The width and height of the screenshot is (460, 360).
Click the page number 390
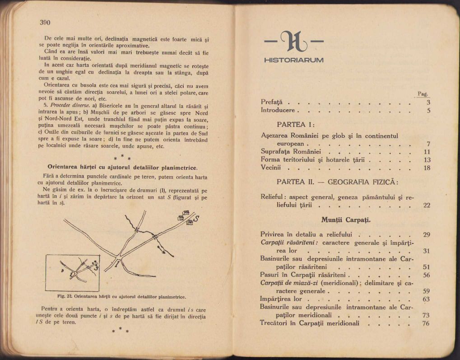45,23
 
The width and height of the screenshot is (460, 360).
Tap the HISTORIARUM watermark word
293,60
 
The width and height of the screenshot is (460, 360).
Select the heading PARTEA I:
296,124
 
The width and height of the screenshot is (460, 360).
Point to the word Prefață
273,103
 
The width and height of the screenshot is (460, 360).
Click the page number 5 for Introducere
428,110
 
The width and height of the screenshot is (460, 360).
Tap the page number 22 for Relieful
427,206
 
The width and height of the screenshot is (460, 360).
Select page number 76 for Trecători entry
426,323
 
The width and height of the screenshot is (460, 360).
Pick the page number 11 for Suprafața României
427,152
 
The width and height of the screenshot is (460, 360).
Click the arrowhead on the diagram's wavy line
159,248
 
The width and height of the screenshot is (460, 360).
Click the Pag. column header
423,94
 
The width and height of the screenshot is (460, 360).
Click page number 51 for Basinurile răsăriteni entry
426,267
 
